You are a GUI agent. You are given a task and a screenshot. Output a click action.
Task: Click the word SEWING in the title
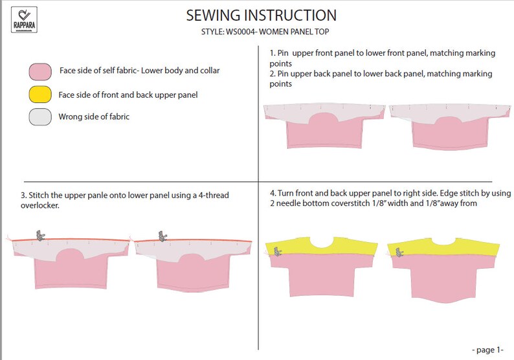click(x=213, y=16)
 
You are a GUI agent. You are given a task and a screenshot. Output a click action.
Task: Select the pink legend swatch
click(x=40, y=71)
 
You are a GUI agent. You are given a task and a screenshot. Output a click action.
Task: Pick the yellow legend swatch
click(x=40, y=95)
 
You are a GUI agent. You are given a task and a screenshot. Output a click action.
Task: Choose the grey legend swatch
click(x=40, y=117)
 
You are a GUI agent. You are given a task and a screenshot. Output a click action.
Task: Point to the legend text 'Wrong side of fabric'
click(x=93, y=117)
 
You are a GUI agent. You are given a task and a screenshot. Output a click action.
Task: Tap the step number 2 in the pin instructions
click(x=271, y=74)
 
